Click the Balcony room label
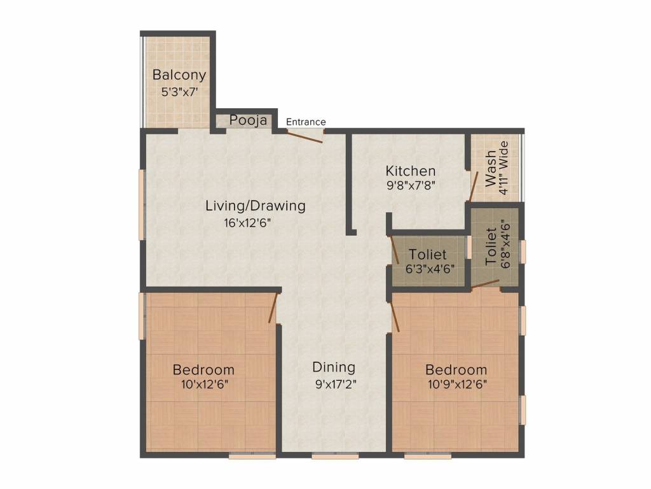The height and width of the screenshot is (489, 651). click(179, 75)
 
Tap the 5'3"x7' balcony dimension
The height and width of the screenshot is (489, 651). click(179, 92)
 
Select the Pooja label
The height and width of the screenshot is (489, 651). click(248, 120)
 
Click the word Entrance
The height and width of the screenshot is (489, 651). click(306, 122)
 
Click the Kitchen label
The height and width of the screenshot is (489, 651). click(411, 171)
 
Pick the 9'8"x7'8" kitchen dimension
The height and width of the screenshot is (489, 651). click(411, 185)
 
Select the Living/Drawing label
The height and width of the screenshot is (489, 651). click(256, 206)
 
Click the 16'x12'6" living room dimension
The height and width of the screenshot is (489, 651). click(247, 223)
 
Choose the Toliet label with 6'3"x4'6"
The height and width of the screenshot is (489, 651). click(428, 254)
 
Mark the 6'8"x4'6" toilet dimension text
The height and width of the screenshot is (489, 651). click(505, 244)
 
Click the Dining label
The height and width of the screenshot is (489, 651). click(334, 367)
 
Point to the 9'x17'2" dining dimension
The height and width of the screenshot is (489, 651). click(336, 384)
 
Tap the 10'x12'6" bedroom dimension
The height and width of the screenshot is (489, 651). click(204, 384)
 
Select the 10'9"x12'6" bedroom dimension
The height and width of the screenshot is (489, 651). click(457, 384)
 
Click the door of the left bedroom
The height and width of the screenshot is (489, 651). click(273, 308)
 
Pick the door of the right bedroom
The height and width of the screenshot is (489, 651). click(395, 316)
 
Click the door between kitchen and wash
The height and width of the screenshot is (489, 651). click(473, 187)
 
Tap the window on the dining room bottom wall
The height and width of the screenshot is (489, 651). click(336, 455)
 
